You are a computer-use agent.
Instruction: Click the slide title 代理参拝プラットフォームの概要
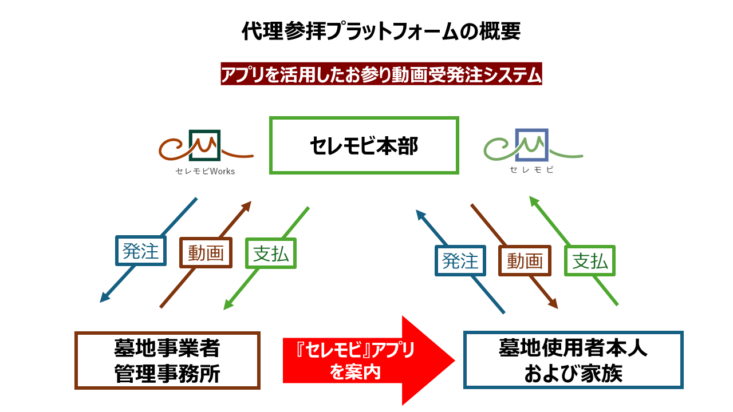[381, 31]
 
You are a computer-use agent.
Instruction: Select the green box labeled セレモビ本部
[364, 146]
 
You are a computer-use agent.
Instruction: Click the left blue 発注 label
[140, 251]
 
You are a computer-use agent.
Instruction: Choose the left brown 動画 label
[206, 252]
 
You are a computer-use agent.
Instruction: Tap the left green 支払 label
[271, 253]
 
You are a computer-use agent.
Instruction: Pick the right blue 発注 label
[460, 261]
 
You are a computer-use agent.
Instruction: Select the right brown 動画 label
[525, 261]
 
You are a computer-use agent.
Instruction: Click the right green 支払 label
[590, 261]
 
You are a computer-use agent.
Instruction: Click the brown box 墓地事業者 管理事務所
[167, 360]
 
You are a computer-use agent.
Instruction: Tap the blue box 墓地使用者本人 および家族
[573, 360]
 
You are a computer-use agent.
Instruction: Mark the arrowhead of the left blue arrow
[104, 298]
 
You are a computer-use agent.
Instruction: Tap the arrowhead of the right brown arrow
[554, 306]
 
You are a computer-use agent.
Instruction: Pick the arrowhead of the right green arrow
[533, 200]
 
